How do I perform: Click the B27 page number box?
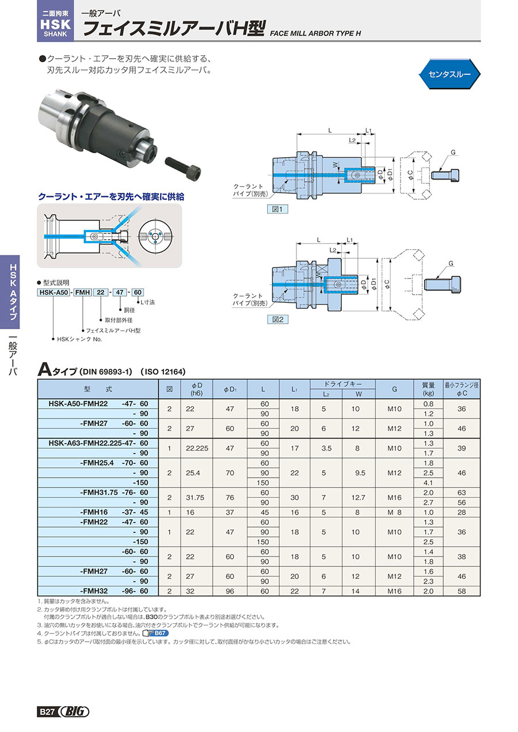coord(47,712)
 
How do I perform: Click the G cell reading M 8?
coord(394,512)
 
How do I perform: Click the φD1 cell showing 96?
coord(230,591)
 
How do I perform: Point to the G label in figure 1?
coord(454,152)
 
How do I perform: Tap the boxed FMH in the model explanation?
coord(83,292)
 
